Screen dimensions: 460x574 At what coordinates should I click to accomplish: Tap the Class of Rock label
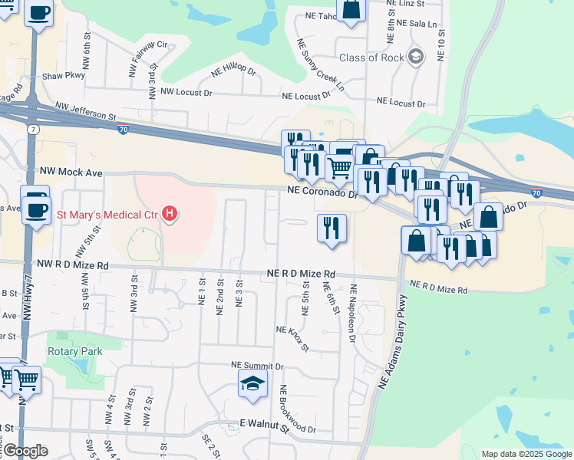pyautogui.click(x=371, y=58)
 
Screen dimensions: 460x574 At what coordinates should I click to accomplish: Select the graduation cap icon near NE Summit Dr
pyautogui.click(x=252, y=385)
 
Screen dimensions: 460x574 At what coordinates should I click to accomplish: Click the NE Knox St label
pyautogui.click(x=292, y=338)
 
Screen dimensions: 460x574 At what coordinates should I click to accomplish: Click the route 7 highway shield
pyautogui.click(x=33, y=130)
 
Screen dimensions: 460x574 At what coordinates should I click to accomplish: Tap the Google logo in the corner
pyautogui.click(x=25, y=451)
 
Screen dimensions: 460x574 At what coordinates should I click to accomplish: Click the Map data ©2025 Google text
pyautogui.click(x=526, y=454)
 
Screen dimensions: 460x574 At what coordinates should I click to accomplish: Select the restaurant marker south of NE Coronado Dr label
pyautogui.click(x=332, y=228)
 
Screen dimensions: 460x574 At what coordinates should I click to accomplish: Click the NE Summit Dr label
pyautogui.click(x=258, y=367)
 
